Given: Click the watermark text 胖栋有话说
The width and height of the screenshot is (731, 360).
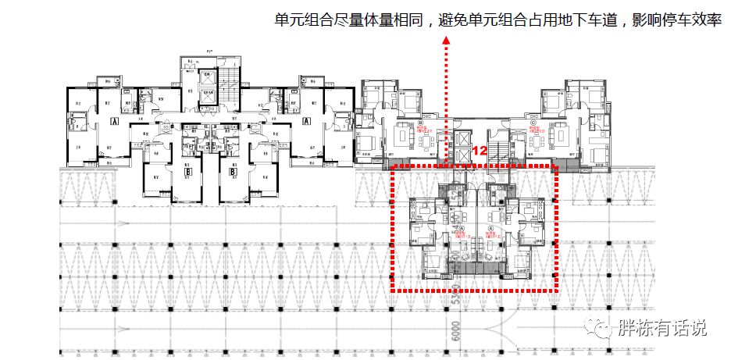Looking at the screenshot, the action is [x=661, y=328].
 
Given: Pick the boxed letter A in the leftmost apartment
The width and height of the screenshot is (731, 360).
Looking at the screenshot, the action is [x=113, y=122].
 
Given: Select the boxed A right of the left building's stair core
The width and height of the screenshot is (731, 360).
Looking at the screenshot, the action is [x=307, y=122].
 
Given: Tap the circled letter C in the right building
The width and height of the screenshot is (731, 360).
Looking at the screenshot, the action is [x=533, y=123].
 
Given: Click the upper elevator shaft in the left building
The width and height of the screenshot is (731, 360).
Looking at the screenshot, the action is [x=207, y=79].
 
